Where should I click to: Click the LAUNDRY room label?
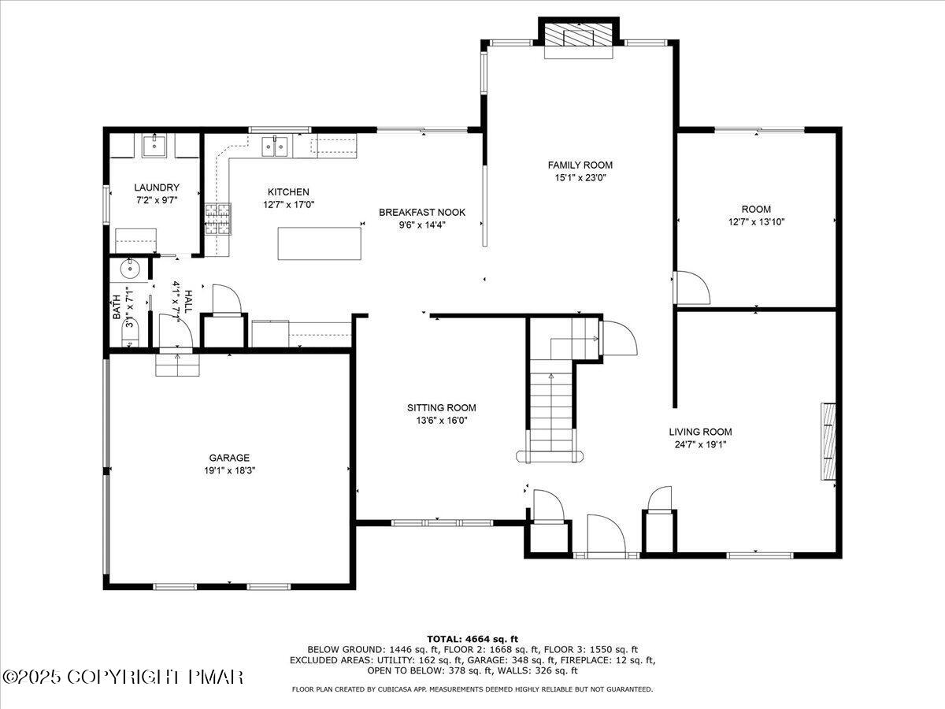pyautogui.click(x=157, y=187)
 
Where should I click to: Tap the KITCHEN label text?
pyautogui.click(x=288, y=192)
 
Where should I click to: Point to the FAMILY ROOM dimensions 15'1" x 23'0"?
pyautogui.click(x=580, y=177)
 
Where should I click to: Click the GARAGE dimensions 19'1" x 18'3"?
pyautogui.click(x=229, y=470)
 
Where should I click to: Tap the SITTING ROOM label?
pyautogui.click(x=441, y=407)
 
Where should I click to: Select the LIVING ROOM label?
pyautogui.click(x=700, y=432)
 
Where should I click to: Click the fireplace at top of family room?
pyautogui.click(x=580, y=36)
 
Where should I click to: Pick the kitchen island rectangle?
pyautogui.click(x=321, y=243)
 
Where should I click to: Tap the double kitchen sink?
pyautogui.click(x=275, y=146)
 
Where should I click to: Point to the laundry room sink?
pyautogui.click(x=155, y=146)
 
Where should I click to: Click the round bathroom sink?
pyautogui.click(x=128, y=269)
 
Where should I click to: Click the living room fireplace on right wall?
pyautogui.click(x=828, y=441)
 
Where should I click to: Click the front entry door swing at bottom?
pyautogui.click(x=606, y=536)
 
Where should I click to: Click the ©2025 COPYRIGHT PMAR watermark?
pyautogui.click(x=123, y=677)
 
